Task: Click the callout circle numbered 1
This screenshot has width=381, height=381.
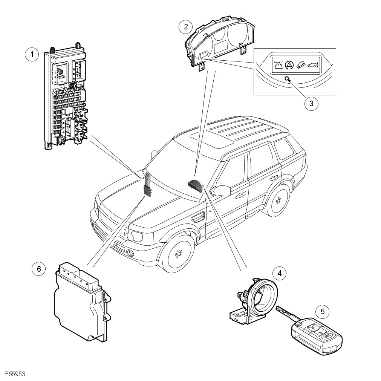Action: point(32,54)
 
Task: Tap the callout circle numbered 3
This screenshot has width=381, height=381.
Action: point(311,103)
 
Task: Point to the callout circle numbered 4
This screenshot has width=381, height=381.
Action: point(279,272)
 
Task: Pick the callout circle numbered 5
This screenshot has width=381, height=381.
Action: point(322,311)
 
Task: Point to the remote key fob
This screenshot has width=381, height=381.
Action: point(317,335)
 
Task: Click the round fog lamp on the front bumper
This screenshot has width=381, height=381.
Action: point(130,253)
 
